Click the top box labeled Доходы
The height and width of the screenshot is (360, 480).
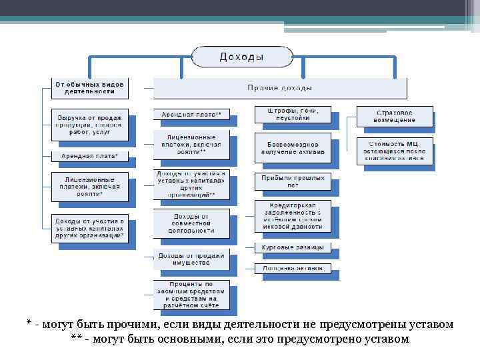[241, 57]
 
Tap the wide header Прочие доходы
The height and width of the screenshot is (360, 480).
[279, 88]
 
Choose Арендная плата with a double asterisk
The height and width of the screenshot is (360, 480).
[191, 115]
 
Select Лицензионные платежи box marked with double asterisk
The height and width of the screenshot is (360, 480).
[191, 144]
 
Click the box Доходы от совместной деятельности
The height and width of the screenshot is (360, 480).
[191, 223]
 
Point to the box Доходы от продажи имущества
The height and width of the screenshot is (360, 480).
[191, 259]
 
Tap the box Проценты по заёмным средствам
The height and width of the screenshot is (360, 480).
[191, 295]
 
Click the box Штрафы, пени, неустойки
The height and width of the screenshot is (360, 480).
[292, 114]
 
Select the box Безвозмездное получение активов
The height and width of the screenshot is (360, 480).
[292, 148]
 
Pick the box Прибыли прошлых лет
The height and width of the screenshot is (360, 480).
[292, 181]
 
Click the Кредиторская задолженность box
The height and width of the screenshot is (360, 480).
[292, 215]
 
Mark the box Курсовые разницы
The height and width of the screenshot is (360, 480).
[292, 248]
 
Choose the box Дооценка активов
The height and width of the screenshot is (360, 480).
[292, 268]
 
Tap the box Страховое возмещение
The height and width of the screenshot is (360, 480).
[394, 116]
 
